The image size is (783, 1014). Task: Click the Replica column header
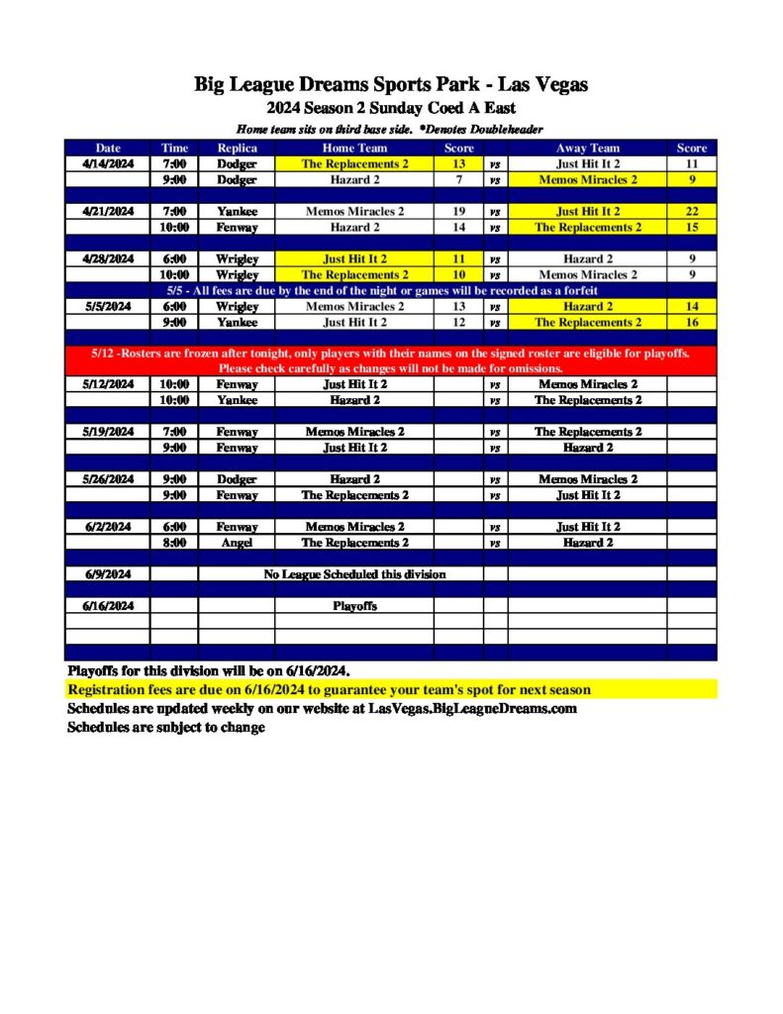click(237, 148)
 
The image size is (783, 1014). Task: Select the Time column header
click(174, 148)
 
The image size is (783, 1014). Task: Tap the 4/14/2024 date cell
click(108, 163)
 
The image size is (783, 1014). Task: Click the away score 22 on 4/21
click(691, 211)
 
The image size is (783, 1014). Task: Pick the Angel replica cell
click(237, 543)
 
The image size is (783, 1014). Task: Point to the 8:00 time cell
click(174, 543)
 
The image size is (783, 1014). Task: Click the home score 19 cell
click(458, 211)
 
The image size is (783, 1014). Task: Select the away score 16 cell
click(691, 322)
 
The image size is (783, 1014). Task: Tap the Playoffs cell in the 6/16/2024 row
click(353, 606)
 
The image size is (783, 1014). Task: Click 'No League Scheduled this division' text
click(353, 574)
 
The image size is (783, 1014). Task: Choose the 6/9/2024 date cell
click(108, 574)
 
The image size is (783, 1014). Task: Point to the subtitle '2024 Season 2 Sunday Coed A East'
click(391, 108)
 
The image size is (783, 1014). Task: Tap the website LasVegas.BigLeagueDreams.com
click(472, 709)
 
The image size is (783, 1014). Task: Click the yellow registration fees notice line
click(329, 690)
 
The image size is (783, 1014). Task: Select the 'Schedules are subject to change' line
click(166, 728)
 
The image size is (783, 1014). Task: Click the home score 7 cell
click(458, 179)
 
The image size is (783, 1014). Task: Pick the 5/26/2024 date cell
click(108, 479)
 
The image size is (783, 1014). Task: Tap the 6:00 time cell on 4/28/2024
click(174, 258)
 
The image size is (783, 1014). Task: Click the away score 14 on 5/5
click(691, 307)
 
